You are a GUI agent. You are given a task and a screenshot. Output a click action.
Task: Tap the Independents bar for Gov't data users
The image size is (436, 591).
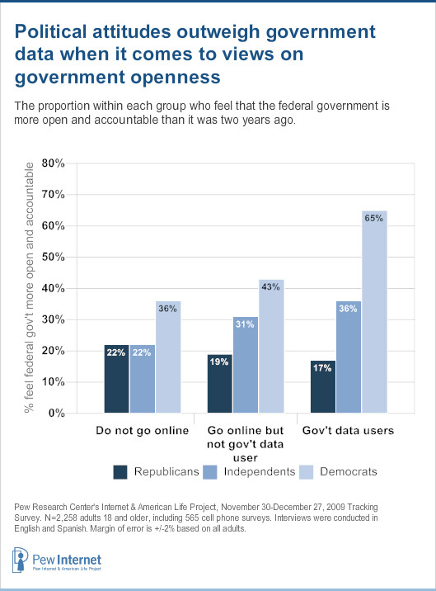[x=348, y=356]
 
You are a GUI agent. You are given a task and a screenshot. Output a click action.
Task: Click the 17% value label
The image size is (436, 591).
[x=322, y=367]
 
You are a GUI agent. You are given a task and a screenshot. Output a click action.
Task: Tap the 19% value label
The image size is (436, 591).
[x=219, y=362]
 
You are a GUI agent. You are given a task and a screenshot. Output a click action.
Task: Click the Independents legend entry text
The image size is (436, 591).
[x=260, y=471]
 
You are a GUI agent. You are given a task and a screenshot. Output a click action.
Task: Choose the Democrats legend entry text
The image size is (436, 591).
[x=350, y=471]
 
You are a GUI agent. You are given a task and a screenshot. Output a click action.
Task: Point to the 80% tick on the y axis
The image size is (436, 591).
[x=54, y=163]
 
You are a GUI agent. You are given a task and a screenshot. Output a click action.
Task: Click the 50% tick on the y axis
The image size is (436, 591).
[x=54, y=257]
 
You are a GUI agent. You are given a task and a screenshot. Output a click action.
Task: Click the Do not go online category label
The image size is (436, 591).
[x=142, y=432]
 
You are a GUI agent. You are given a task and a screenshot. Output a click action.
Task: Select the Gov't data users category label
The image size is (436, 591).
[x=349, y=432]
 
